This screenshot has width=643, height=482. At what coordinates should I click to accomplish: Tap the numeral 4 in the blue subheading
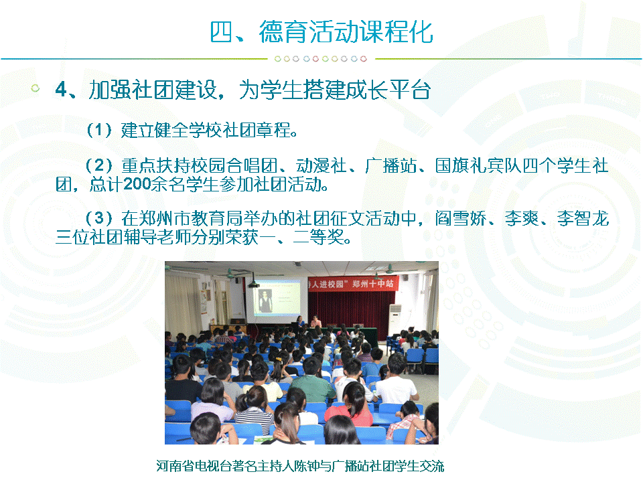(61, 89)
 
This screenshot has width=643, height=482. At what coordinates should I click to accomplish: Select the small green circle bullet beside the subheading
(35, 88)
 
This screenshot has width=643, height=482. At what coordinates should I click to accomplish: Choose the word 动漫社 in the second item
(321, 166)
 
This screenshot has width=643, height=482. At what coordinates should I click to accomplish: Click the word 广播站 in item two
(390, 166)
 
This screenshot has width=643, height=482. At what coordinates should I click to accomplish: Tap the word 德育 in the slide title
(283, 31)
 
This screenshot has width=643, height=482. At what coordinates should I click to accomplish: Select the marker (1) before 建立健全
(99, 131)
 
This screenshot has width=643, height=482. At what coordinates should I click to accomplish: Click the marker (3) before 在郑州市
(99, 218)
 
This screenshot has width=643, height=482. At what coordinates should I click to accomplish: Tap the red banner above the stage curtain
(353, 284)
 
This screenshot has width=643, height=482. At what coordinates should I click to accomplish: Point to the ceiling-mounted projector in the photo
(253, 284)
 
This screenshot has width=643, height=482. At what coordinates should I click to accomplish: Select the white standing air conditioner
(395, 322)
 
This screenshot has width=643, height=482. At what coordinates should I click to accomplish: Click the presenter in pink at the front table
(315, 321)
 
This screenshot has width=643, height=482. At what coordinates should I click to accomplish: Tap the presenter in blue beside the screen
(300, 321)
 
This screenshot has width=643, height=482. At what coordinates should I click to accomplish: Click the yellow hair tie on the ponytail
(279, 360)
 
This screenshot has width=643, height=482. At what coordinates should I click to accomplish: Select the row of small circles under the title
(320, 59)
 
